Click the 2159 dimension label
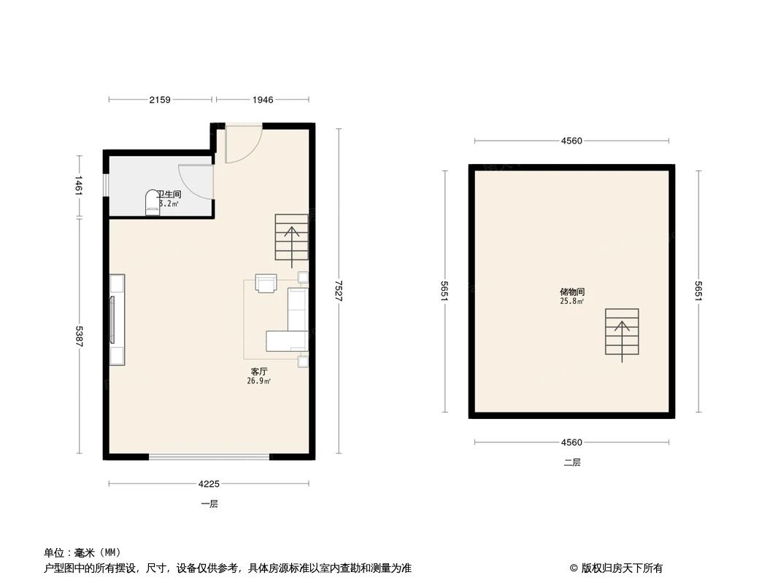point(160,100)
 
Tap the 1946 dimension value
point(263,100)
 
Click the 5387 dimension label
point(80,336)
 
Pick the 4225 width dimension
point(209,483)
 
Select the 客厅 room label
point(260,372)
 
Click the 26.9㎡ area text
point(260,381)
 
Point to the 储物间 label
point(572,291)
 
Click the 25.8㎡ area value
point(572,301)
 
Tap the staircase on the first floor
point(292,239)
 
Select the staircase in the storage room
point(622,332)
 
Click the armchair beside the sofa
point(266,283)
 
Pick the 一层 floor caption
point(209,504)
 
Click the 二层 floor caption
point(572,462)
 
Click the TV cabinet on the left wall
point(117,319)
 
